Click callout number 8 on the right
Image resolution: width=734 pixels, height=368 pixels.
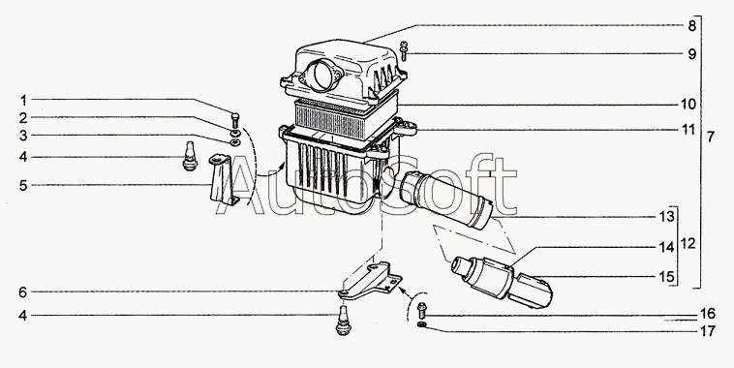tap(691, 26)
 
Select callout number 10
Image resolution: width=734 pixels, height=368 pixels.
tap(688, 104)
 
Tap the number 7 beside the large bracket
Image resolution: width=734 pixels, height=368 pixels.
tap(711, 138)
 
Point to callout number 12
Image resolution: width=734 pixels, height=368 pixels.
tap(688, 244)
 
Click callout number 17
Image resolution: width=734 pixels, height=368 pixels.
tap(708, 331)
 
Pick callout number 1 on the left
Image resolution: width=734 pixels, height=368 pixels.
tap(23, 100)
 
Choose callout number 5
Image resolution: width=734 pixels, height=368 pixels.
tap(23, 185)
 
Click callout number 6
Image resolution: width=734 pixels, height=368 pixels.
tap(23, 292)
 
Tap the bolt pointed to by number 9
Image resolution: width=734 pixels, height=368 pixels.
tap(404, 51)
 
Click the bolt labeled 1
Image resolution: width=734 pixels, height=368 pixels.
tap(235, 120)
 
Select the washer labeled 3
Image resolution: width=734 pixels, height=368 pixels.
tap(235, 142)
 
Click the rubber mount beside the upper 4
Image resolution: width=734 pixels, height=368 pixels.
tap(190, 156)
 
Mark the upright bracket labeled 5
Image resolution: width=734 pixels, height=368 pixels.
tap(223, 180)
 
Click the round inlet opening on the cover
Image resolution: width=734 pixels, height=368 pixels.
tap(323, 75)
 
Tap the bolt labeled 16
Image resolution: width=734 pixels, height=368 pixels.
tap(422, 310)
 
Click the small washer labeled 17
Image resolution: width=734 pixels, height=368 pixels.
tap(422, 324)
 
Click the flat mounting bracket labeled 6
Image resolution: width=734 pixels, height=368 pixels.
tap(370, 282)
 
